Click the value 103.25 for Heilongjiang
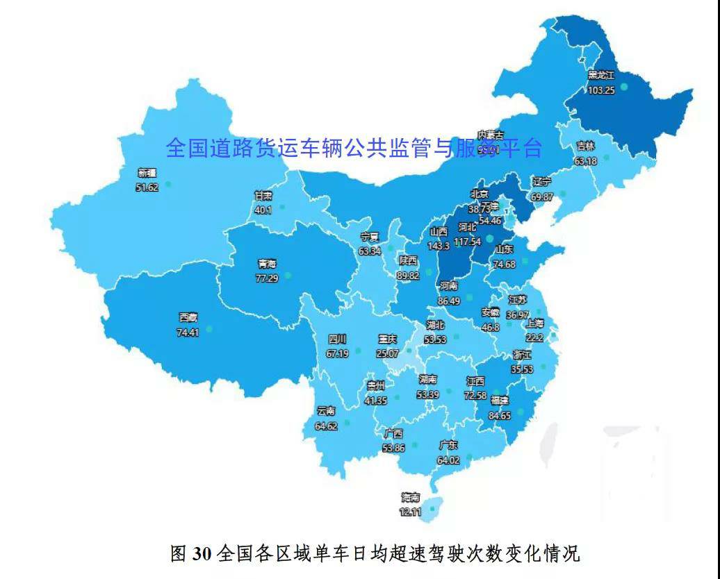[x=601, y=90]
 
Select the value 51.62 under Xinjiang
[x=147, y=187]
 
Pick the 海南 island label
[x=410, y=498]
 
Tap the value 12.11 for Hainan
[x=410, y=512]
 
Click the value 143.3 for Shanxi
[x=439, y=246]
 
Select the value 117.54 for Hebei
[x=467, y=242]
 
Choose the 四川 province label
[x=337, y=339]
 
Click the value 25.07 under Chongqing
[x=387, y=353]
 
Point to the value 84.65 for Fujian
[x=499, y=416]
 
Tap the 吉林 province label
[x=586, y=146]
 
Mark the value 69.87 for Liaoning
[x=542, y=197]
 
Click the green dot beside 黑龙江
[x=623, y=87]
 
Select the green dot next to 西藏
[x=208, y=328]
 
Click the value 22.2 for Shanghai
[x=534, y=337]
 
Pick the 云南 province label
[x=326, y=411]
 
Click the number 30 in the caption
[x=202, y=553]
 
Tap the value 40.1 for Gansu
[x=263, y=210]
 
